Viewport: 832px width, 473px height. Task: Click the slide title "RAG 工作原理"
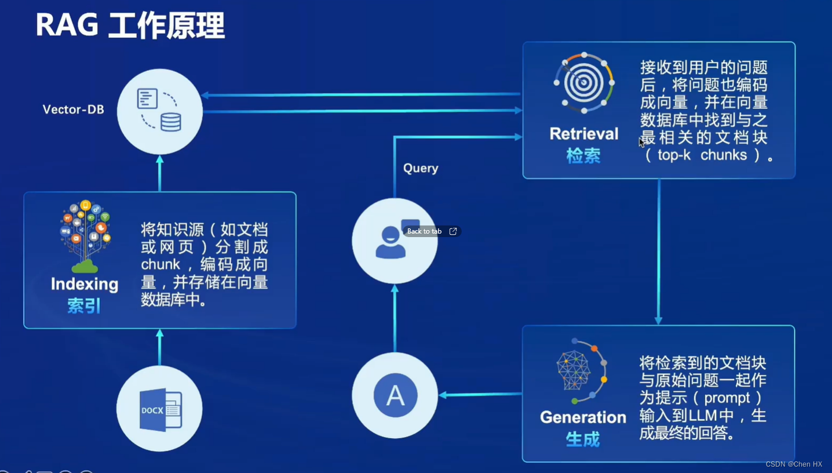pos(130,26)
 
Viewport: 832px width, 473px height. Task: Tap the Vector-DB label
pos(73,110)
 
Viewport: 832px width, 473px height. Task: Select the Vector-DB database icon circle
pos(160,111)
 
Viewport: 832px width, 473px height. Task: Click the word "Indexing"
pos(85,284)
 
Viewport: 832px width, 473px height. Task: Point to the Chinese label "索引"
pos(84,306)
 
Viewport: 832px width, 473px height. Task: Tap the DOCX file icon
pos(160,409)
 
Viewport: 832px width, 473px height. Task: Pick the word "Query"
pos(421,168)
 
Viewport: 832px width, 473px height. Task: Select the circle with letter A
pos(395,395)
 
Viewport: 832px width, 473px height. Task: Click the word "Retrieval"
pos(584,134)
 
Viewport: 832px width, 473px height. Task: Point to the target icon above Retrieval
pos(583,83)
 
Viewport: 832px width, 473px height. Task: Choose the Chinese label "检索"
pos(583,155)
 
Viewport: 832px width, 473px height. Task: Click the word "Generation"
pos(583,417)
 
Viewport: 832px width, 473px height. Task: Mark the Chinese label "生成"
pos(583,439)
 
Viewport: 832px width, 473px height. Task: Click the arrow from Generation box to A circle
pos(480,395)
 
